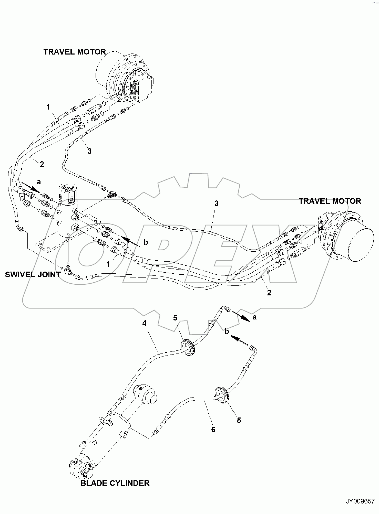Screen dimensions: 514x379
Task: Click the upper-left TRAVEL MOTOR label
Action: (75, 52)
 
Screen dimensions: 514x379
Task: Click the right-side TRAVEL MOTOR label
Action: (330, 201)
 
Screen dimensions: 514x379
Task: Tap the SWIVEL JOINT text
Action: (33, 275)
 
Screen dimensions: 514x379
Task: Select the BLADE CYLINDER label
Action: (115, 483)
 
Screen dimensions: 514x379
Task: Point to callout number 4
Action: (144, 324)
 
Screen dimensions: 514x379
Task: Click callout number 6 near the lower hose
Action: (213, 430)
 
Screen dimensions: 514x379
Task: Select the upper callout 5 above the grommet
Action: (175, 318)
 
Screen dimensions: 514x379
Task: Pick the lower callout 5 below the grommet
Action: (239, 420)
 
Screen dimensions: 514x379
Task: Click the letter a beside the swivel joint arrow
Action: (39, 182)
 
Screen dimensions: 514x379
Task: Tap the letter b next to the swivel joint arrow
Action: (146, 242)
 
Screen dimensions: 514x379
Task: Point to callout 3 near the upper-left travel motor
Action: (89, 151)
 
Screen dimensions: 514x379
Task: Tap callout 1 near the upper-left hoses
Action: (48, 107)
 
